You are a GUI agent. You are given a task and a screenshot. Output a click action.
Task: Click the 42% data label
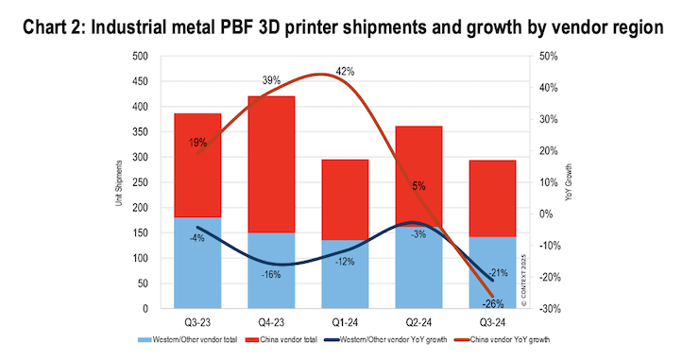(x=345, y=72)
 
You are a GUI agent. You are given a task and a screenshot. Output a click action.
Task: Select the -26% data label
(x=491, y=304)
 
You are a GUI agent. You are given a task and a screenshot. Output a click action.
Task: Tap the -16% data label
(x=271, y=274)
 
